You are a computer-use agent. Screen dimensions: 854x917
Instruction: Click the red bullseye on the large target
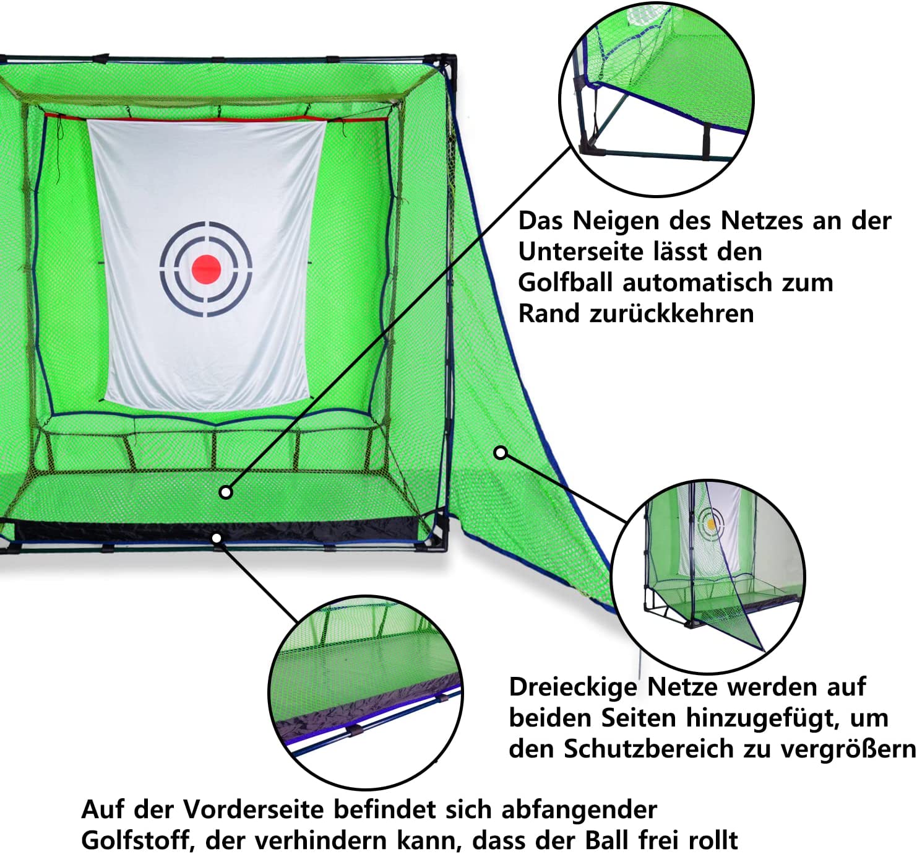(206, 269)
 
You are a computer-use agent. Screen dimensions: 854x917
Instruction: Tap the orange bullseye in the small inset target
(711, 524)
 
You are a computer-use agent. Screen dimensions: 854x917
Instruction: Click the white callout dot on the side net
(501, 453)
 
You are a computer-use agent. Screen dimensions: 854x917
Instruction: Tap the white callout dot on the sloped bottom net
(226, 492)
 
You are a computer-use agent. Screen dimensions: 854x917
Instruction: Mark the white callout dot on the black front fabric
(217, 538)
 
